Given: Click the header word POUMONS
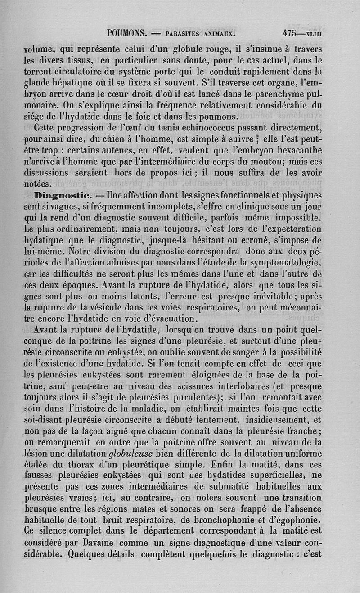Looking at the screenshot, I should pos(128,33).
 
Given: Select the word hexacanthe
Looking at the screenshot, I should pos(297,150).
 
